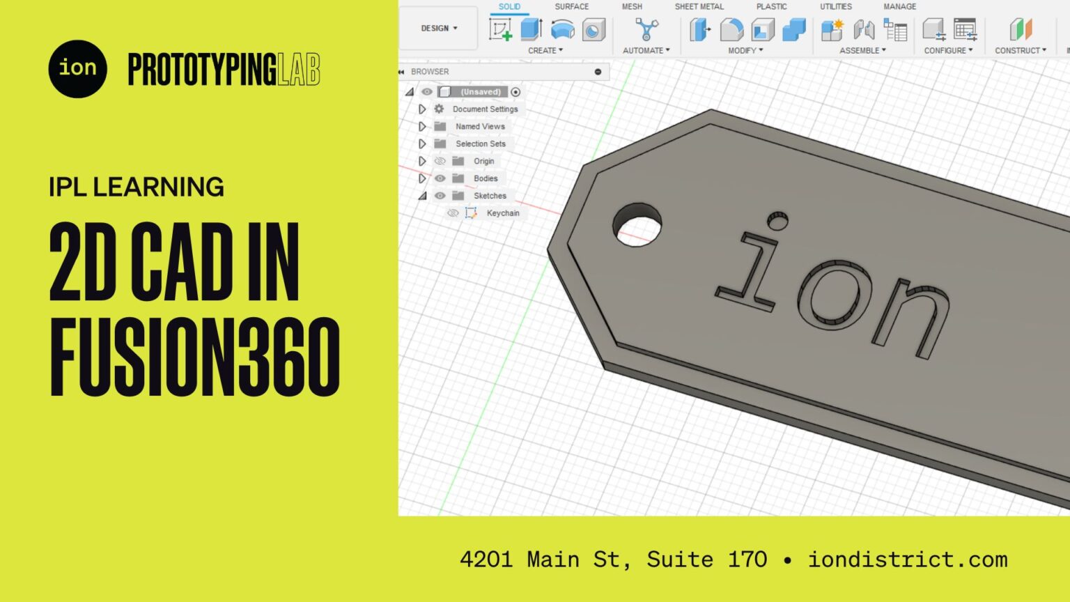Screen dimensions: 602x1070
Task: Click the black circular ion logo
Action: pos(77,69)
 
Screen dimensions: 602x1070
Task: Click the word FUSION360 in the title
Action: pos(194,357)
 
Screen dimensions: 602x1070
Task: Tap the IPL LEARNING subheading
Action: pos(137,187)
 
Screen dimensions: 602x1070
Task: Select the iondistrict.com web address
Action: pos(907,559)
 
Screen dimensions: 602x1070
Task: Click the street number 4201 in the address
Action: pos(486,559)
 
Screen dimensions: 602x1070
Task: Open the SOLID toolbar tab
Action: pos(509,7)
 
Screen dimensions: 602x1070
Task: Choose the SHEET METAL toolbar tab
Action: pos(699,7)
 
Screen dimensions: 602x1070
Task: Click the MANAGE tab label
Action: pos(899,7)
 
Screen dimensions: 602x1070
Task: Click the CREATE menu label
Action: pos(545,51)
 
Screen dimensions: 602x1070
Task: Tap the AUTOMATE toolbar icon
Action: pos(646,29)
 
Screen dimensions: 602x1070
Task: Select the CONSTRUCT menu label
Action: pos(1020,51)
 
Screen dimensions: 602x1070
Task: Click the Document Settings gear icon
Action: pos(439,109)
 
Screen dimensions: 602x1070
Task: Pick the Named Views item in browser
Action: pos(480,127)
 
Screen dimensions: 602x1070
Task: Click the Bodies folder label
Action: pos(486,178)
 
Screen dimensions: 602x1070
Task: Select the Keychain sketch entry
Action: pos(502,213)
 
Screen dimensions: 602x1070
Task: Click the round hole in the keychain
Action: pos(637,225)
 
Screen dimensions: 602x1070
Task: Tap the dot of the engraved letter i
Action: pos(777,222)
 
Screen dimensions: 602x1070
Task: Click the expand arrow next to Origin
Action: pos(422,161)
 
